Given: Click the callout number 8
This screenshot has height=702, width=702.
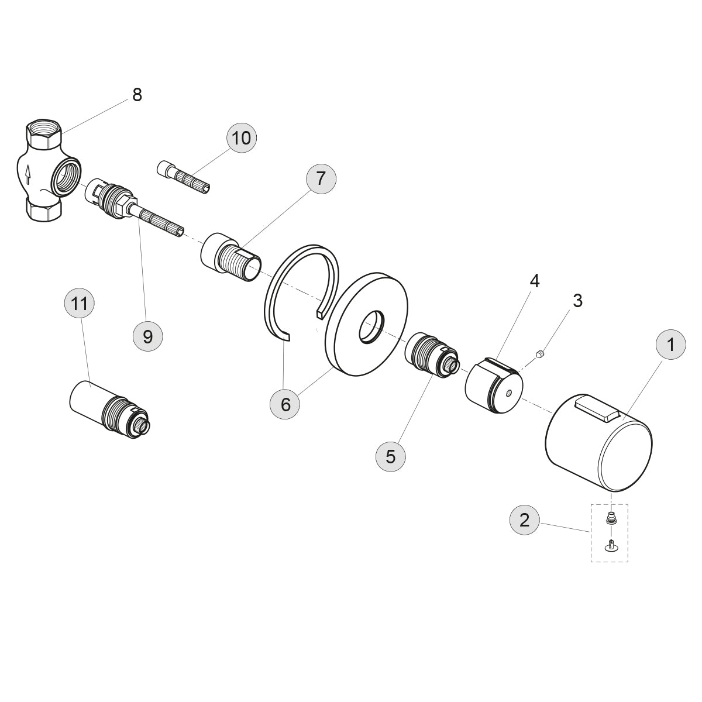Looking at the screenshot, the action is [137, 95].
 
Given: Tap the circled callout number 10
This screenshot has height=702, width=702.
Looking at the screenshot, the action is [242, 138].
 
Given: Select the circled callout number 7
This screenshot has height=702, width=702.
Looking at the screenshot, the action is [321, 179].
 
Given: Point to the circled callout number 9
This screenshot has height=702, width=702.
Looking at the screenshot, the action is [147, 336].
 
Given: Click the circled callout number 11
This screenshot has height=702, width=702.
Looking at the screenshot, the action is [80, 303].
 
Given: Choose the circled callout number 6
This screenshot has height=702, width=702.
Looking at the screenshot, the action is [285, 404].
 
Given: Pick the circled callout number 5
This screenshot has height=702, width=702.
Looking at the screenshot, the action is [391, 456].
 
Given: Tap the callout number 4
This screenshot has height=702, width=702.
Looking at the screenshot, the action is [535, 281].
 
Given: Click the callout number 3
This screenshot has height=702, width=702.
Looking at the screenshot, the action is [578, 301].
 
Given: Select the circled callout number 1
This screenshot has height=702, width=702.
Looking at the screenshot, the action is [670, 345].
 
